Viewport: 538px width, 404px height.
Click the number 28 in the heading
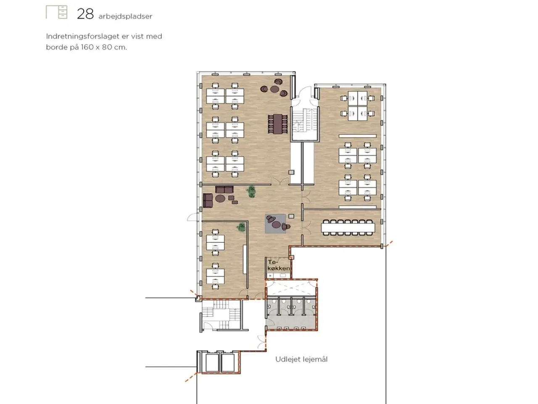click(85, 14)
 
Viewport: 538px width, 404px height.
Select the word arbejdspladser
click(125, 16)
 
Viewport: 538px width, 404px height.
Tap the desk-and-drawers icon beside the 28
click(56, 12)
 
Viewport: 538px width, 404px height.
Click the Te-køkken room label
click(278, 265)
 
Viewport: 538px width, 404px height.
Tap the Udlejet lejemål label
click(301, 359)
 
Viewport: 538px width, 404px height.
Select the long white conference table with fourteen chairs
click(348, 228)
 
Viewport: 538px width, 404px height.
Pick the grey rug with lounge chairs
click(275, 223)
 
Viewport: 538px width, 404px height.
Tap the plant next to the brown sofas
click(251, 191)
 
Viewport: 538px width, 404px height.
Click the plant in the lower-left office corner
click(241, 227)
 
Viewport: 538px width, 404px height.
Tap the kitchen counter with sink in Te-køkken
click(278, 275)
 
